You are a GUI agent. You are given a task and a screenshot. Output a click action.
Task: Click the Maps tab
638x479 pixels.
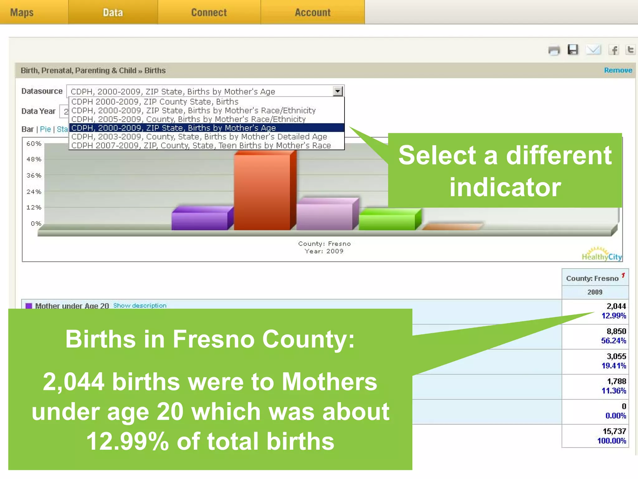[22, 12]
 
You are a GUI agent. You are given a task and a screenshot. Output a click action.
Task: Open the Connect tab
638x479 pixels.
[209, 12]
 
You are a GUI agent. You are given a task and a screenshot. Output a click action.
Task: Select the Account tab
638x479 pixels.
[312, 12]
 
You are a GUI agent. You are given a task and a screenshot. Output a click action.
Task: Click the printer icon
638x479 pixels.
[554, 50]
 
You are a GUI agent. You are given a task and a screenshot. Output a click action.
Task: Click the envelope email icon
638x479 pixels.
[593, 50]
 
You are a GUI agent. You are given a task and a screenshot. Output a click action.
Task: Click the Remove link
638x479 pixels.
[618, 70]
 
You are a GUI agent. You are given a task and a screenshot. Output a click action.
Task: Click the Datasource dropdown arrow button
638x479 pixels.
[338, 91]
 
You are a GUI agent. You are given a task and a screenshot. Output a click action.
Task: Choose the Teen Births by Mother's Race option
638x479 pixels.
[201, 146]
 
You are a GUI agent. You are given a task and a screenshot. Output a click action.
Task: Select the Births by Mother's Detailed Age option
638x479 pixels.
[199, 137]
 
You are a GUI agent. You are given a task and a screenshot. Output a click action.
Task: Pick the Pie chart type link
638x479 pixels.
[45, 129]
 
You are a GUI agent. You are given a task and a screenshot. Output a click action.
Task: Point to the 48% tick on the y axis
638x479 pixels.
[34, 159]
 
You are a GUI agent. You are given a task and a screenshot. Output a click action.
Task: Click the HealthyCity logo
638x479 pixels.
[602, 254]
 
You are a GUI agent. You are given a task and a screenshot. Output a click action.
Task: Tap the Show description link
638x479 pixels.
[140, 306]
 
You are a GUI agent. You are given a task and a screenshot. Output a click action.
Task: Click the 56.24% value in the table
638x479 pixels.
[613, 341]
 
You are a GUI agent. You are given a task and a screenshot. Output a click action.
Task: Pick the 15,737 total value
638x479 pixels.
[614, 431]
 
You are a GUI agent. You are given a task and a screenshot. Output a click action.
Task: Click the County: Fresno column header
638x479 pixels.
[592, 278]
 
